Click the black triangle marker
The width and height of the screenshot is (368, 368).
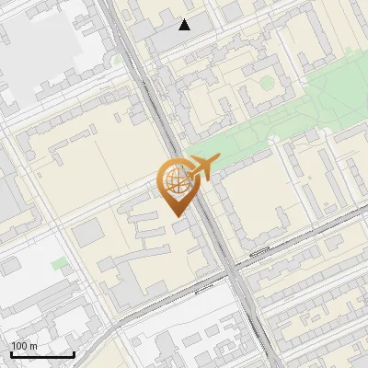coord(185,25)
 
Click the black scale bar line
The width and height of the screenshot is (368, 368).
coord(42,353)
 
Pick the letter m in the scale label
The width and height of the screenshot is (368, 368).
coord(34,346)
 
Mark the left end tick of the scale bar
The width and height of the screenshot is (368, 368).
coord(11,352)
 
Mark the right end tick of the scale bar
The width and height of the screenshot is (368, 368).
coord(74,352)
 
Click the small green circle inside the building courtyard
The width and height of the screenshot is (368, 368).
coord(267,83)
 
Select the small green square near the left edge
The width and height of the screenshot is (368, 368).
coord(59,264)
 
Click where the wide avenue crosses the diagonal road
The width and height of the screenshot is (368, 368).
coord(229,273)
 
